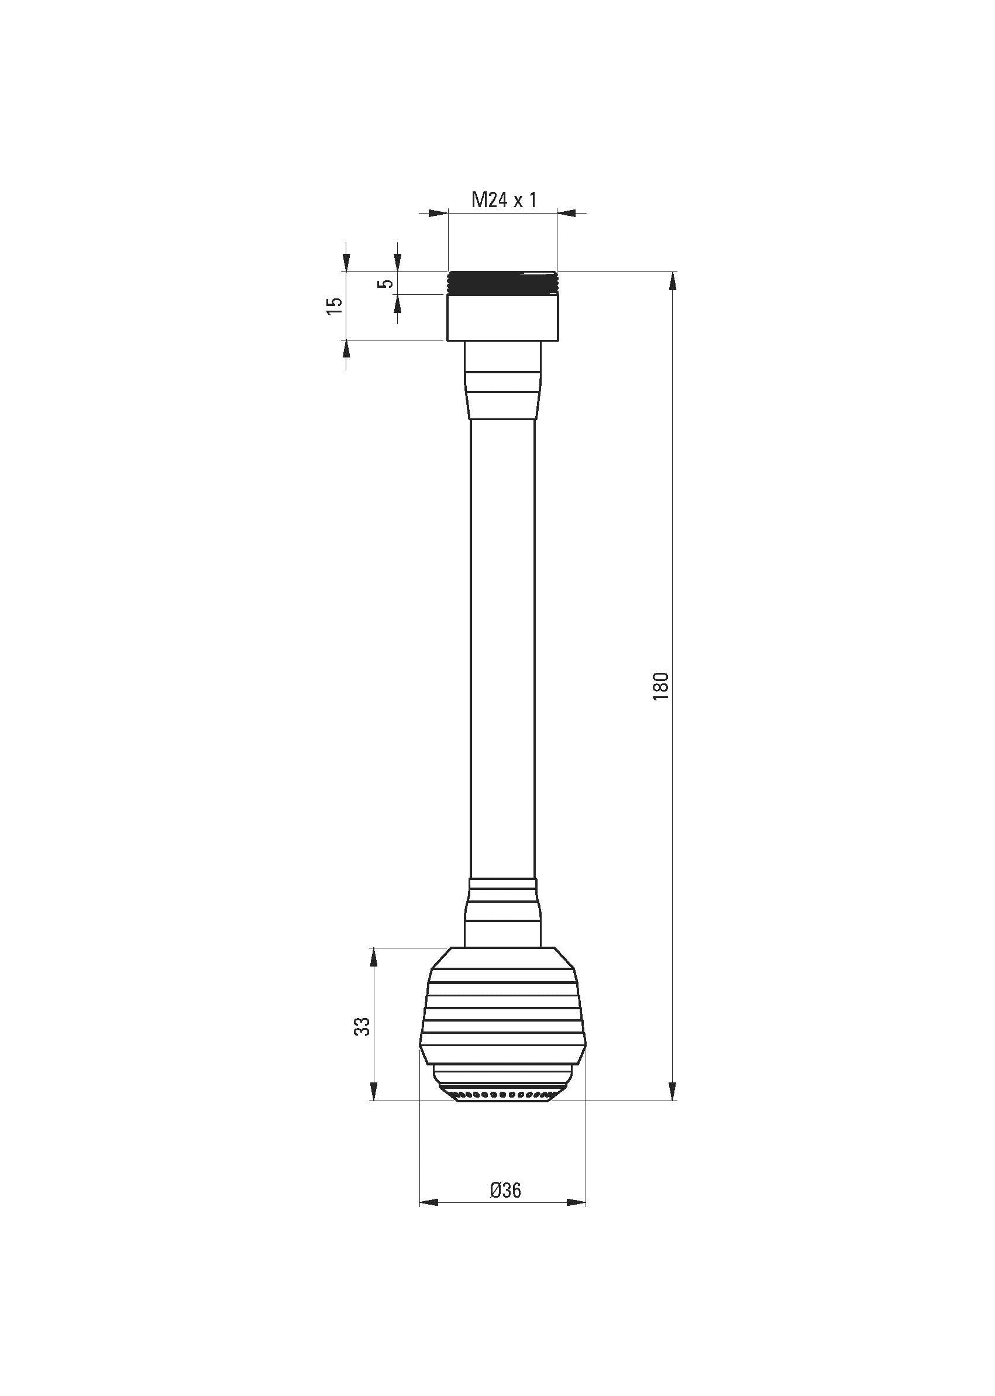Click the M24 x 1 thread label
[504, 200]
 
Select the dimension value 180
[661, 686]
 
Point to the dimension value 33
[363, 1026]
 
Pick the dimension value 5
[385, 284]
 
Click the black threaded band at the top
[502, 283]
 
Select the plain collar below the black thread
[502, 318]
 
